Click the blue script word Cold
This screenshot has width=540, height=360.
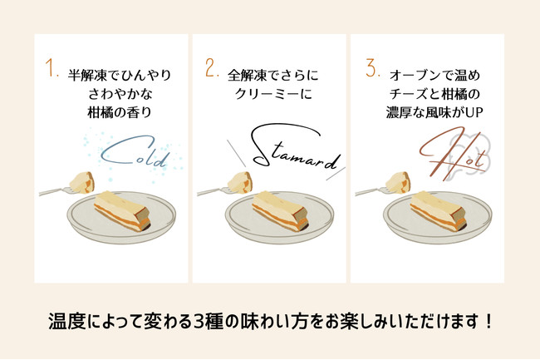coord(135,155)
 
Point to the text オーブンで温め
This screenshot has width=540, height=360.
coord(434,73)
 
